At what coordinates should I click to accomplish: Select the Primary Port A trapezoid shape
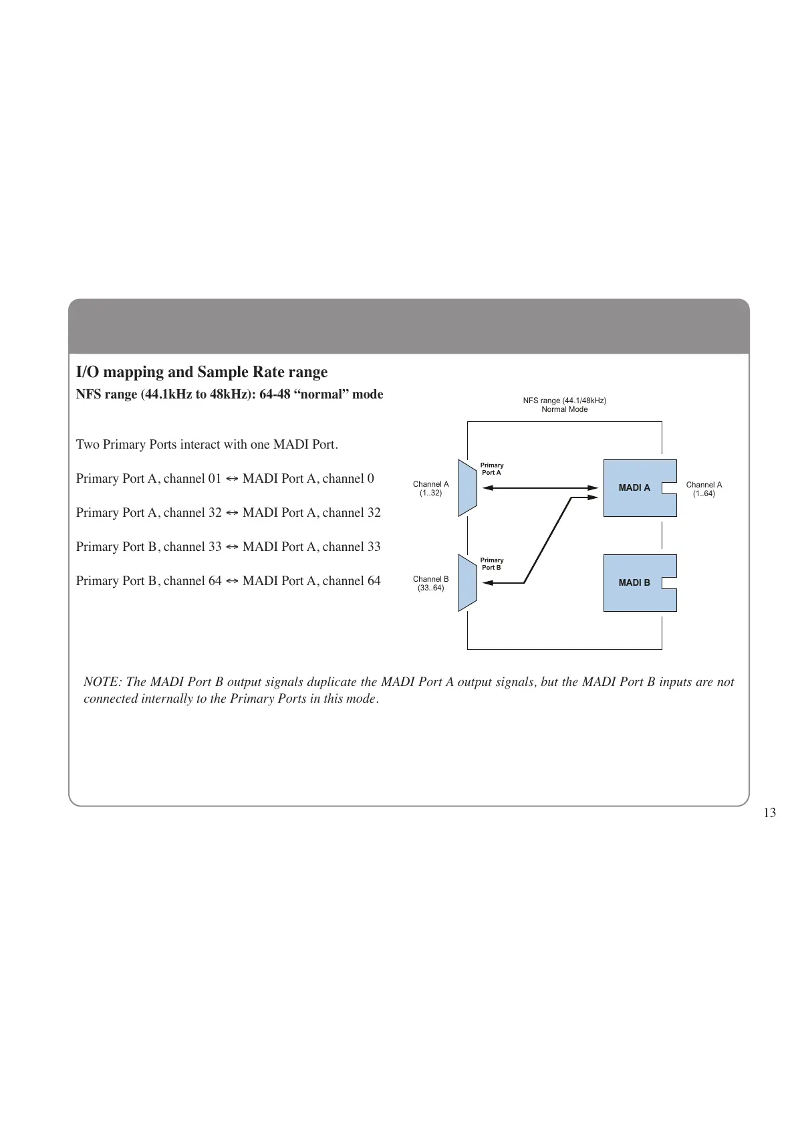tap(467, 488)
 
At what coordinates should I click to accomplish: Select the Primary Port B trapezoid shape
tap(467, 583)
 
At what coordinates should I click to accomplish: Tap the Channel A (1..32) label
tap(430, 489)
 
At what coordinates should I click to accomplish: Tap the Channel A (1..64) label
tap(704, 489)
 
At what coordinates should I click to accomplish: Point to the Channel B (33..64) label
tap(430, 584)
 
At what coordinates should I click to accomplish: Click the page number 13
tap(769, 813)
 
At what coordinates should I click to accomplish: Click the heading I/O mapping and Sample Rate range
tap(202, 372)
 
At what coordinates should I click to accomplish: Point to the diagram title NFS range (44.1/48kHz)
tap(564, 401)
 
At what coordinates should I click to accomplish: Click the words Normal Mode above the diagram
tap(564, 409)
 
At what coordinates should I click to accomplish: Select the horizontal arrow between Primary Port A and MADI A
tap(540, 488)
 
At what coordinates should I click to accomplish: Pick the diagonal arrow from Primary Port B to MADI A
tap(548, 540)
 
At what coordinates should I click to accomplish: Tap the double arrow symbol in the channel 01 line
tap(232, 479)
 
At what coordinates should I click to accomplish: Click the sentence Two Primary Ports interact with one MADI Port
tap(207, 445)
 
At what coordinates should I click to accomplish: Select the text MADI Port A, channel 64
tap(311, 581)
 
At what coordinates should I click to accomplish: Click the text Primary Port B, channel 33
tap(148, 547)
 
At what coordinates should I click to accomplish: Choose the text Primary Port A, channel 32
tap(148, 513)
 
